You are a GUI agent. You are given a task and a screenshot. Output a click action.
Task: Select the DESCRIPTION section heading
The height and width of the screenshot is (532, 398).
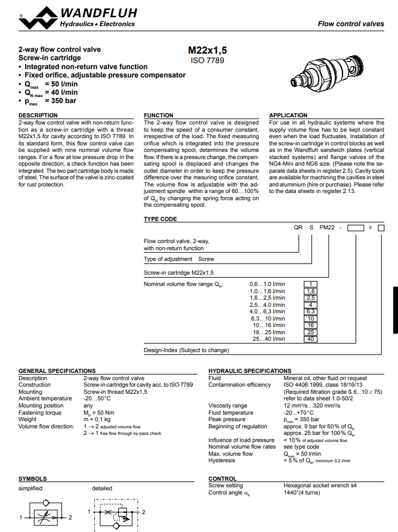click(x=38, y=115)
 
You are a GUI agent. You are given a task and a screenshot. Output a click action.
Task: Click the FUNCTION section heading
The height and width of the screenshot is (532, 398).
click(x=159, y=115)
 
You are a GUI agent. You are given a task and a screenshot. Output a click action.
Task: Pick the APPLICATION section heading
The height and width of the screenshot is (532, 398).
click(x=288, y=115)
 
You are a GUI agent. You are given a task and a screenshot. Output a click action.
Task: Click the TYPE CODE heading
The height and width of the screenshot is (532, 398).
click(x=160, y=219)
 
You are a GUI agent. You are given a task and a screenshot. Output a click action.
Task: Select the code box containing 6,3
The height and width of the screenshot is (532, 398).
click(x=310, y=312)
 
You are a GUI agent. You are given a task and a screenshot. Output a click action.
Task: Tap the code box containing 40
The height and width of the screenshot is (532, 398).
click(x=310, y=339)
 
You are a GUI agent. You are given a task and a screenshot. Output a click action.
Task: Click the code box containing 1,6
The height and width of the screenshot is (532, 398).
click(x=310, y=291)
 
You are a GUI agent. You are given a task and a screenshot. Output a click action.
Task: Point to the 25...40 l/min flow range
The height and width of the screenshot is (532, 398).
click(x=269, y=339)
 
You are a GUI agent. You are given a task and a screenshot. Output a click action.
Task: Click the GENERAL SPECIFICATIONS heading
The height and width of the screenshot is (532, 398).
click(x=57, y=371)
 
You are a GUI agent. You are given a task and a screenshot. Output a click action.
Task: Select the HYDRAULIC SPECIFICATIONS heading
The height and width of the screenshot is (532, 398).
click(x=249, y=371)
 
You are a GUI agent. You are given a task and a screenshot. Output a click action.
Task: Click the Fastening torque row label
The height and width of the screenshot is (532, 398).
click(x=39, y=413)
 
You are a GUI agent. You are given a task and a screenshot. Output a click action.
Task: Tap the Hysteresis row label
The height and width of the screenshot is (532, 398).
click(x=221, y=460)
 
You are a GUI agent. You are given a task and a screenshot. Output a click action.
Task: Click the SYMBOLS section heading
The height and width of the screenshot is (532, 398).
click(x=32, y=478)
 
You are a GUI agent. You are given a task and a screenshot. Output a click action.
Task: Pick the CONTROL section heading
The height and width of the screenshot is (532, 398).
click(x=223, y=478)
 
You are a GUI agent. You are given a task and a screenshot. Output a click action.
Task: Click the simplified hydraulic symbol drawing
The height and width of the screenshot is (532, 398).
click(x=45, y=513)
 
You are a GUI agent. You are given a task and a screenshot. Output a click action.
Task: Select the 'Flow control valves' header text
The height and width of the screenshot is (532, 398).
click(x=350, y=24)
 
